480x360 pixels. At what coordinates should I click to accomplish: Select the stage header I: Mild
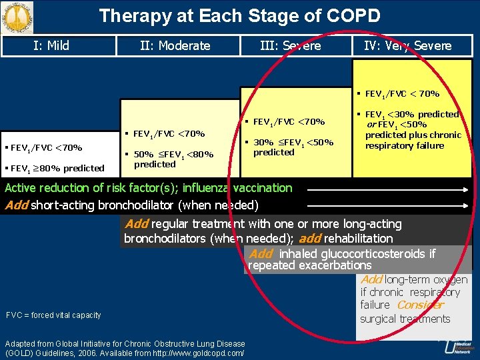(51, 45)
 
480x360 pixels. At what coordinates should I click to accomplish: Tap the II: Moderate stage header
(175, 46)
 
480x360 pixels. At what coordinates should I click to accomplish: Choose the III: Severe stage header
(290, 46)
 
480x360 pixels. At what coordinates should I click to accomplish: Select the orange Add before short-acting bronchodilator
(17, 205)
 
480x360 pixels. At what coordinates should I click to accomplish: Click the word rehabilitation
(355, 238)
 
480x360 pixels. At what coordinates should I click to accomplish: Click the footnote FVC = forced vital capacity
(53, 315)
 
